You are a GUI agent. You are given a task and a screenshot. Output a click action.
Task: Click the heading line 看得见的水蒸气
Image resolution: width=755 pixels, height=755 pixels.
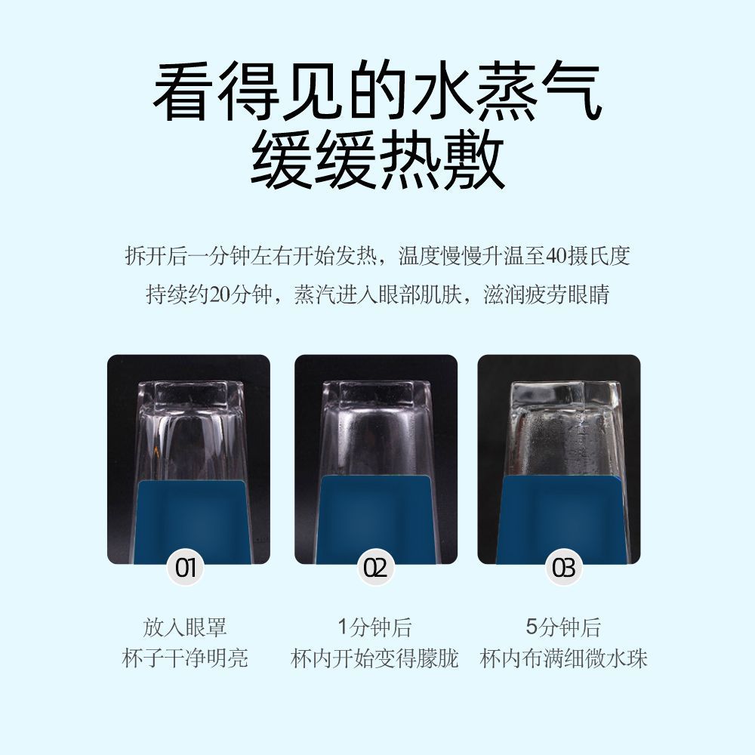[377, 93]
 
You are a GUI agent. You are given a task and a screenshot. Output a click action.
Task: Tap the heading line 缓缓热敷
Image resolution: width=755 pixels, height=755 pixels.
[377, 162]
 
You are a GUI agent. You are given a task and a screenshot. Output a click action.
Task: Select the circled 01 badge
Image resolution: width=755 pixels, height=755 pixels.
[186, 568]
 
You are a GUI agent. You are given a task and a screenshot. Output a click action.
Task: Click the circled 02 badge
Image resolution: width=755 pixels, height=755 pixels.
[375, 568]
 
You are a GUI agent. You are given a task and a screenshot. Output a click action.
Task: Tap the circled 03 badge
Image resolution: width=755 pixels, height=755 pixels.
[563, 568]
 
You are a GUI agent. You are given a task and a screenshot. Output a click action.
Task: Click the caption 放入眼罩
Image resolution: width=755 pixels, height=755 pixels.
[185, 627]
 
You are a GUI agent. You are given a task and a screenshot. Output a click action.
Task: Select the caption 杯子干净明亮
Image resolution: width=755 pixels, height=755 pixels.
[185, 658]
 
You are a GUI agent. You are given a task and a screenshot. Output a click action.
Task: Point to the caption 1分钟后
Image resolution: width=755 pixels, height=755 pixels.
[374, 627]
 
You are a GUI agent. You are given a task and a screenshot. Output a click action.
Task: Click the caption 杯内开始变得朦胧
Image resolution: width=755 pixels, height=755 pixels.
[374, 658]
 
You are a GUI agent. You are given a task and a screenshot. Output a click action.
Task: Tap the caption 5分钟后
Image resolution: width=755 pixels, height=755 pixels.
[563, 627]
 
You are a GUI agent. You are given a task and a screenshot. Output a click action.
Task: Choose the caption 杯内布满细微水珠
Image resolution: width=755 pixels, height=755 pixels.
[563, 658]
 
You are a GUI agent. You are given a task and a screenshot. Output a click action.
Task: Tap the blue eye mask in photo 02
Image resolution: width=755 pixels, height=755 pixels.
[375, 513]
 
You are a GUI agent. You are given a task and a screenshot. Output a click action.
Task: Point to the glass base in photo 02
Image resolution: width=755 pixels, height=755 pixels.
[376, 393]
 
